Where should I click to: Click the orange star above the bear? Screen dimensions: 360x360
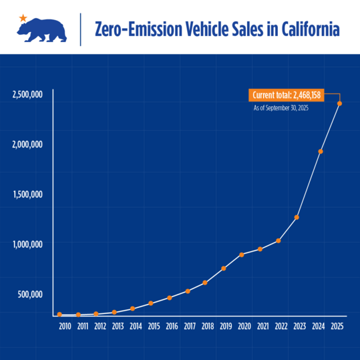[24, 17]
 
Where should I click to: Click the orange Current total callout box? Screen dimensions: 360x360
[287, 96]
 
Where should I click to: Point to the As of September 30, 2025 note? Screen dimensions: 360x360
[281, 108]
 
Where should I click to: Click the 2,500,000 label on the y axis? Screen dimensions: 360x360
[27, 94]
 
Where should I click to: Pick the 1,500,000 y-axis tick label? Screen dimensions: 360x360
[27, 194]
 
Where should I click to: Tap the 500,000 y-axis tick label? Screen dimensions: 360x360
[29, 294]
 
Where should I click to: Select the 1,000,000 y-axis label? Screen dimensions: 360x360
[27, 244]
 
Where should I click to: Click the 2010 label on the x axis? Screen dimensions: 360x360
[65, 327]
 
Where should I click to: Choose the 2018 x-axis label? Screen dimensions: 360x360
[208, 327]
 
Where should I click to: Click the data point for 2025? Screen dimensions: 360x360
[339, 104]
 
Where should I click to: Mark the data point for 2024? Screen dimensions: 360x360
[321, 152]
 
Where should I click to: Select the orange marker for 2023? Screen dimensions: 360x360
[297, 217]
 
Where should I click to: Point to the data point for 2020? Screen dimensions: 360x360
[241, 254]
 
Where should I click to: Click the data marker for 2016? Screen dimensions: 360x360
[170, 297]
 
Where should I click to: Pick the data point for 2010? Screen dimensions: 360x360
[59, 314]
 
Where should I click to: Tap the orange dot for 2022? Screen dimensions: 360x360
[278, 240]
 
